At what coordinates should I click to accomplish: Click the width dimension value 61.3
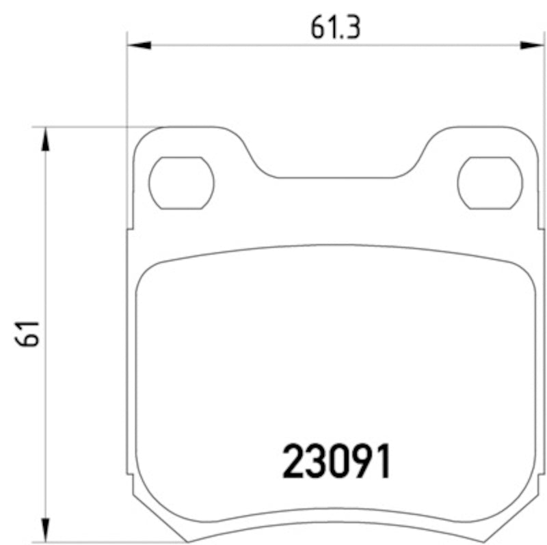click(335, 28)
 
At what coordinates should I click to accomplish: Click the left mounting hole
click(181, 182)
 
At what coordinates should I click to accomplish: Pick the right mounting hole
click(490, 182)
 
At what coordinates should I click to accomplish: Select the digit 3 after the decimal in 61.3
click(352, 28)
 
